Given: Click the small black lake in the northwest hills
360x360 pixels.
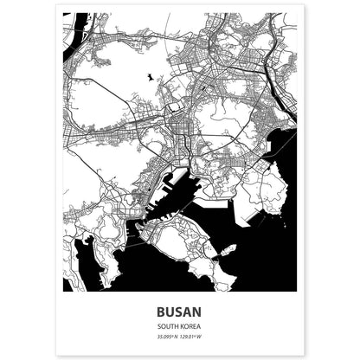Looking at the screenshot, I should pyautogui.click(x=151, y=78).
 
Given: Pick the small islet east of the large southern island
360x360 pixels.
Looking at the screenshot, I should pyautogui.click(x=227, y=251).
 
